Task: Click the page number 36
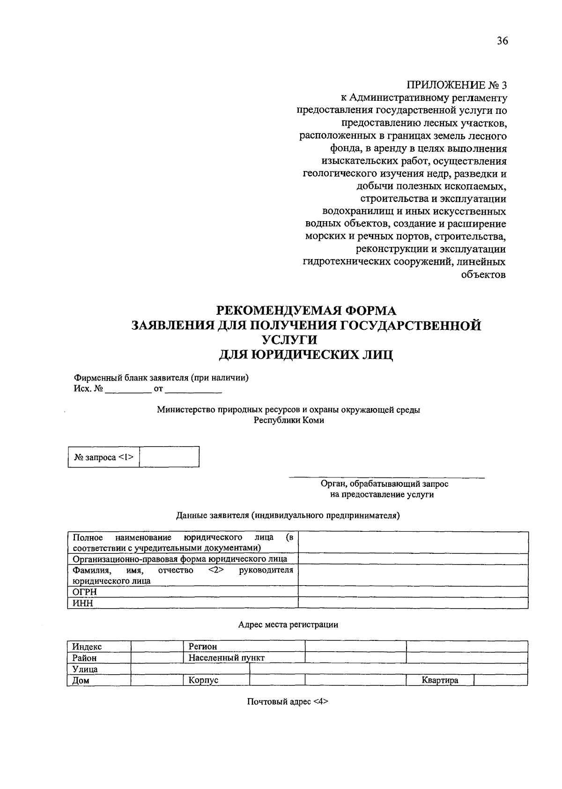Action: click(x=502, y=41)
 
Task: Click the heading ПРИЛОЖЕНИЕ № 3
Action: click(x=456, y=85)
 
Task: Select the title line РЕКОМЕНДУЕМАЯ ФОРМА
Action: click(x=306, y=311)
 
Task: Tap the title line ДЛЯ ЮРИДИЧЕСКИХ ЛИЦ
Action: click(x=306, y=355)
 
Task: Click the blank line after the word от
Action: click(x=193, y=389)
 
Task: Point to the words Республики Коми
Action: click(x=288, y=420)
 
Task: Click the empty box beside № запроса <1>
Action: click(x=169, y=457)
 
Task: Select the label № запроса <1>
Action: click(x=104, y=457)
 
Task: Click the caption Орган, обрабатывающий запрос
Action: click(x=384, y=484)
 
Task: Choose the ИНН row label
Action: click(x=83, y=603)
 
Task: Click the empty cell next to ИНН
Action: click(x=413, y=603)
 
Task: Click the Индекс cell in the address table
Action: click(x=87, y=647)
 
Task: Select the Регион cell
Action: click(x=203, y=647)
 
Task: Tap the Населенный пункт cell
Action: click(x=226, y=658)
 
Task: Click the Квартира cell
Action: click(x=440, y=681)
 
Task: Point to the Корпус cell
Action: click(x=204, y=681)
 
